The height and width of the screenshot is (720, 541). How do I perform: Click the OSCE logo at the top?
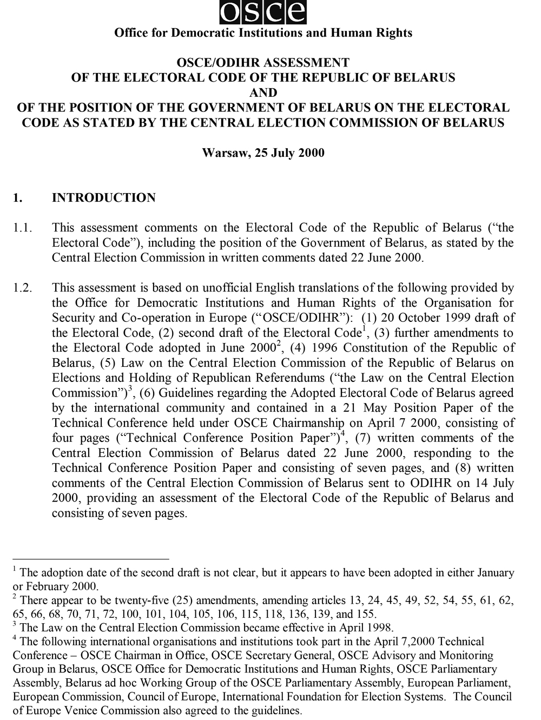click(263, 12)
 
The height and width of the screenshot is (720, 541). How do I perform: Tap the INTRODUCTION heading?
click(103, 197)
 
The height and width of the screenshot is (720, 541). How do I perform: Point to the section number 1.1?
click(23, 228)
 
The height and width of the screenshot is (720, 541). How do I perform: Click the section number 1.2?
click(23, 288)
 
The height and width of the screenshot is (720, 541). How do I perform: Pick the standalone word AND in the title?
click(263, 93)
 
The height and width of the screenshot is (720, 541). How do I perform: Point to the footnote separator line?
click(91, 559)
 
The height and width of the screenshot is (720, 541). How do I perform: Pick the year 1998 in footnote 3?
click(380, 628)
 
